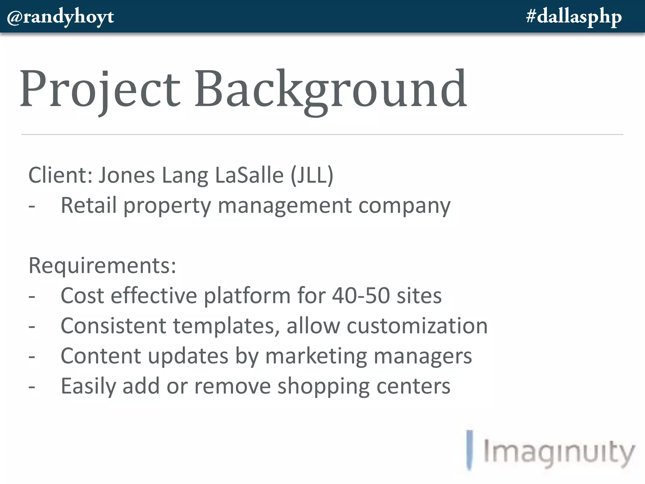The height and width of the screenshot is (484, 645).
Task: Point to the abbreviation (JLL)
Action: (312, 175)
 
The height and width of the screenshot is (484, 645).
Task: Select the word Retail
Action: (88, 205)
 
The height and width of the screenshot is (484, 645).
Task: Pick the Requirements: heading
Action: (102, 266)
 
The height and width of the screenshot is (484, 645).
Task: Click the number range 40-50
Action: (361, 296)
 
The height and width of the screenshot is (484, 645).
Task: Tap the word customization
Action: (417, 326)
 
